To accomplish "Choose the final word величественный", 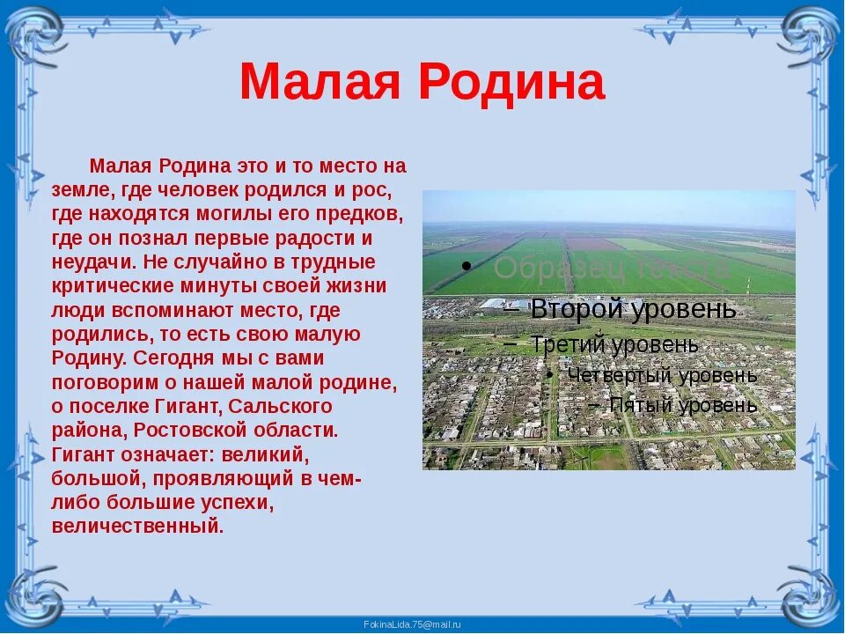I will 137,527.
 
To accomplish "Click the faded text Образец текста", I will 612,268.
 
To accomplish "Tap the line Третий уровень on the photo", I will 615,344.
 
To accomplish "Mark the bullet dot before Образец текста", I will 466,266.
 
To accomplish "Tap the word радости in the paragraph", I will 305,239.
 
